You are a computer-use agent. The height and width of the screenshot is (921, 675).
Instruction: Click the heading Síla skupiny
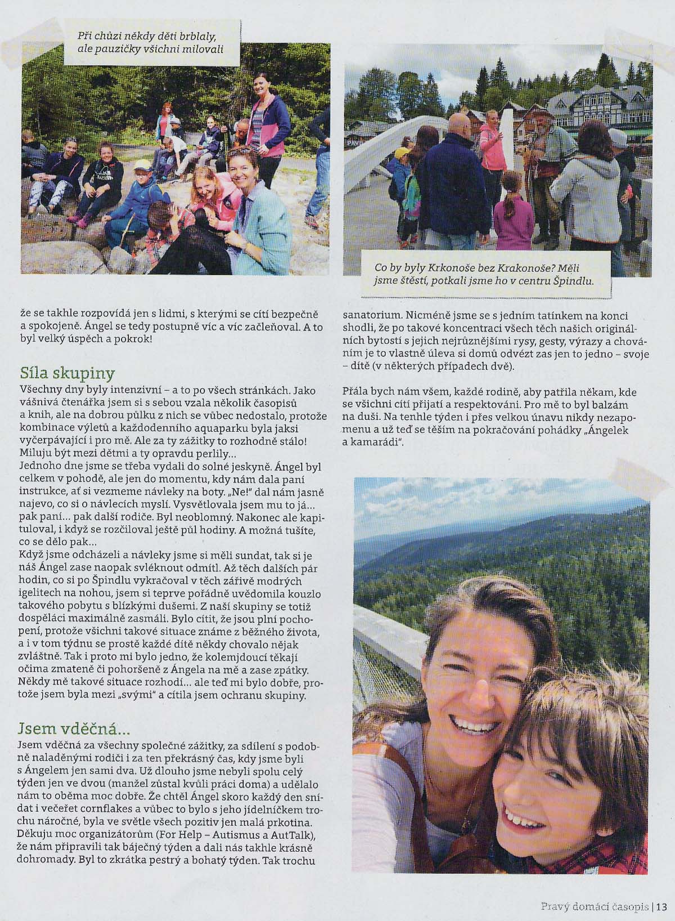tap(67, 373)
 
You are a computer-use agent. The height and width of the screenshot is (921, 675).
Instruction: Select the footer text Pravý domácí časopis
tap(594, 906)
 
